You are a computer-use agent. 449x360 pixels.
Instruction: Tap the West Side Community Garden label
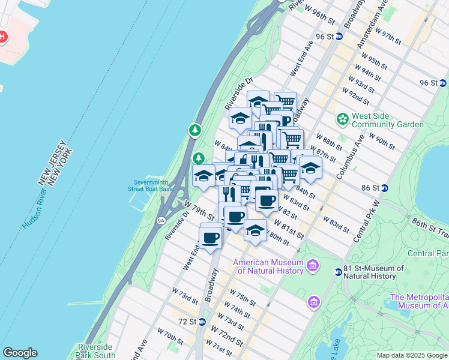pos(388,120)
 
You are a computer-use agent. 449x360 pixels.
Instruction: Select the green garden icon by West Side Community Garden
pos(343,119)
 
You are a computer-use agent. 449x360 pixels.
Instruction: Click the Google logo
pos(20,353)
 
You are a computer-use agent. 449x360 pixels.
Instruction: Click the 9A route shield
pos(161,220)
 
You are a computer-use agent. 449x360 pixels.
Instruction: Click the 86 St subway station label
pos(371,188)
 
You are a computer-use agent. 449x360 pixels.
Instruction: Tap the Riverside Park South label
pos(96,351)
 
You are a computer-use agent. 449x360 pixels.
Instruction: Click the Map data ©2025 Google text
pos(412,355)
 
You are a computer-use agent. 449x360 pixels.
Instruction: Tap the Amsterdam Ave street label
pos(372,21)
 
